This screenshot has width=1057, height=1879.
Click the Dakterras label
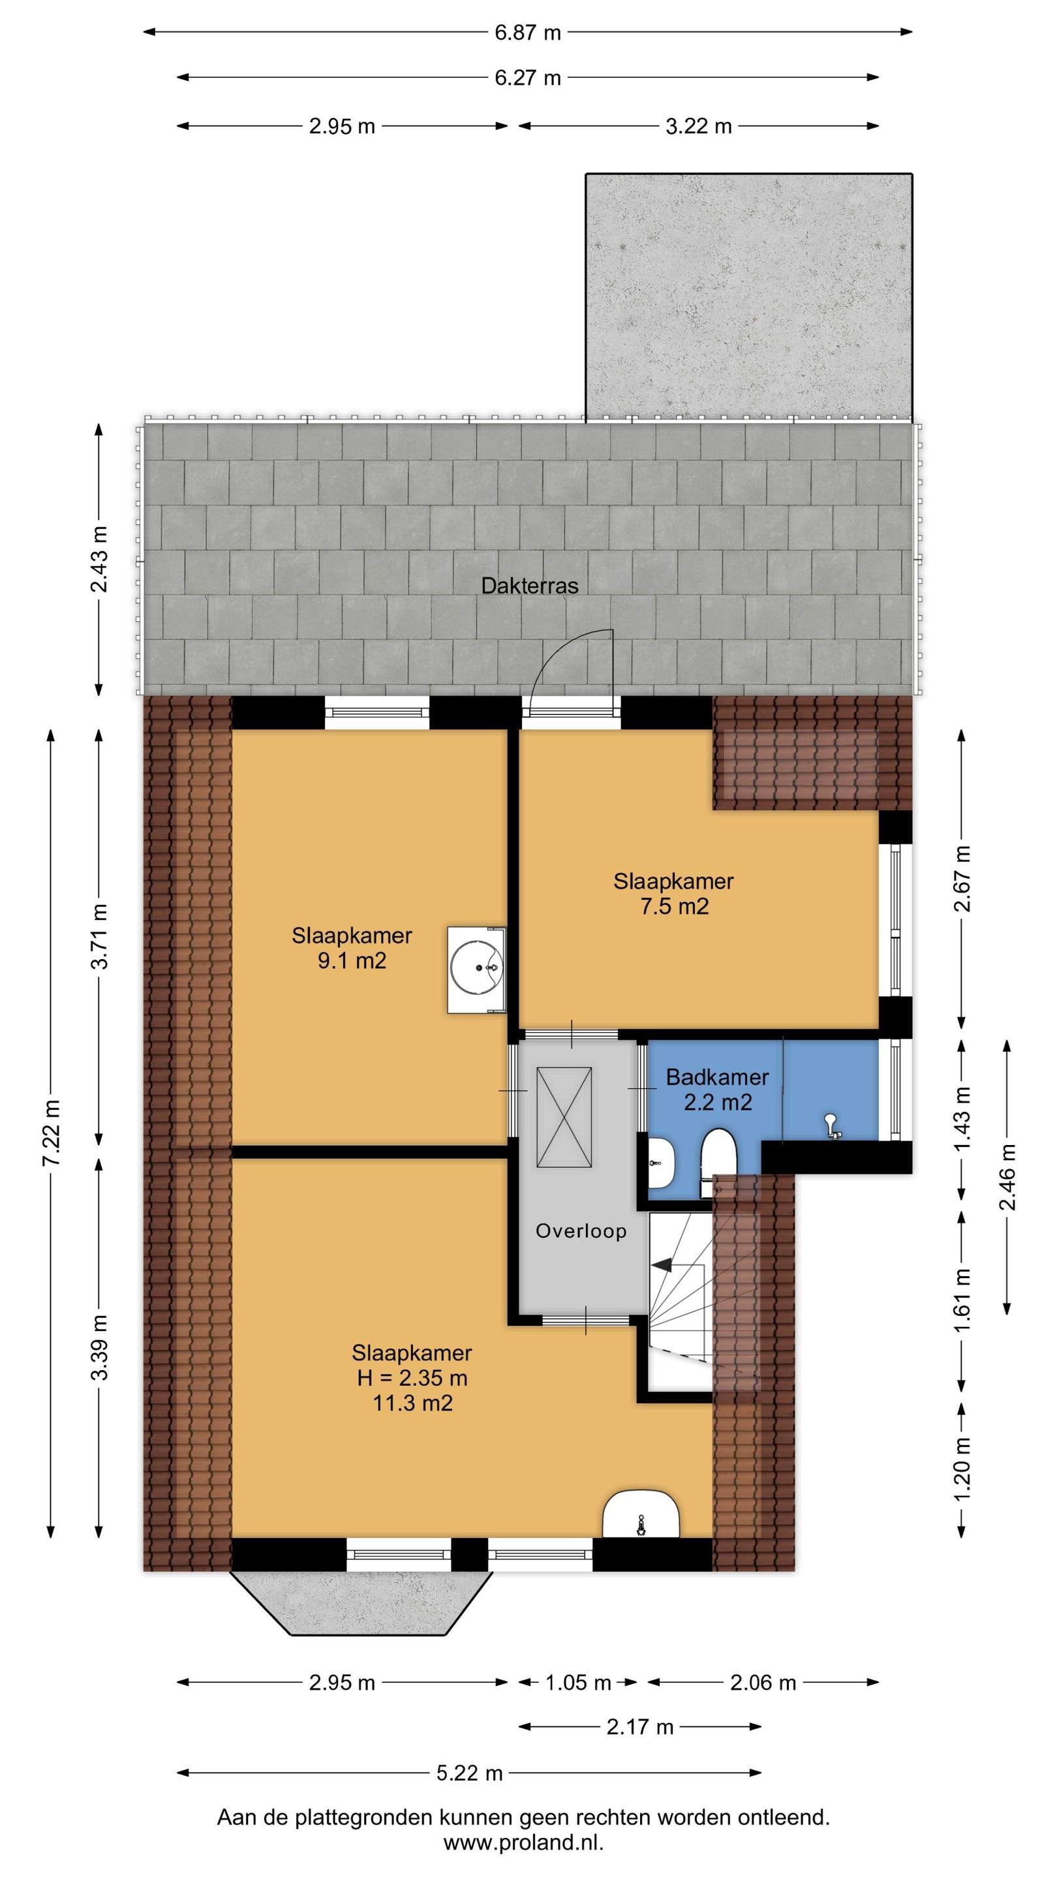point(530,585)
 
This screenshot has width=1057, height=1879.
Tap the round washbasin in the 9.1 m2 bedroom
point(476,970)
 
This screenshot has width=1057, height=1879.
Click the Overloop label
point(581,1231)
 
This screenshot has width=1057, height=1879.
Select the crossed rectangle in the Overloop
point(564,1118)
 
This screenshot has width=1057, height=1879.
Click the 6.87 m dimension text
point(527,32)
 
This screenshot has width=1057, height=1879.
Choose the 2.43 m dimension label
point(99,558)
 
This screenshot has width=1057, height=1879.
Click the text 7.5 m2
point(675,906)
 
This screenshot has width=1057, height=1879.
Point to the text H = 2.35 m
point(412,1378)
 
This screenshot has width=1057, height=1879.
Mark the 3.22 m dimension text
point(698,126)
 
